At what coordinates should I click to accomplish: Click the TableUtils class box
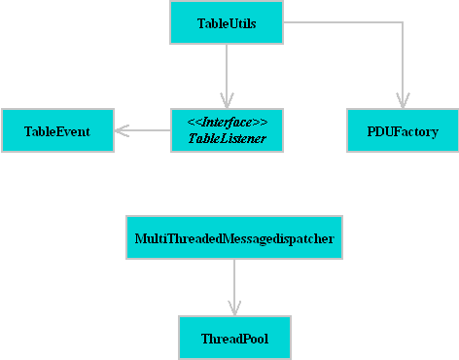pos(227,22)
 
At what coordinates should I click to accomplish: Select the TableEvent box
pos(56,130)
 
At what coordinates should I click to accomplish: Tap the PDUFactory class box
pos(402,130)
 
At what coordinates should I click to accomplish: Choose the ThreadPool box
pos(234,339)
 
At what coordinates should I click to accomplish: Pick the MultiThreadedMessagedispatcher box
pos(234,237)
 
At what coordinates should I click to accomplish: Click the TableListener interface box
pos(227,130)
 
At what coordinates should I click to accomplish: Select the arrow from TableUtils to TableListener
pos(227,73)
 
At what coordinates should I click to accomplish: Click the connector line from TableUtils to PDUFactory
pos(340,22)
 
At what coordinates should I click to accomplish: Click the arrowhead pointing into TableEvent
pos(121,130)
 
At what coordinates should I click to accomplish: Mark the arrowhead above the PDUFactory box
pos(402,100)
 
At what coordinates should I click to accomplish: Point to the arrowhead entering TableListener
pos(227,100)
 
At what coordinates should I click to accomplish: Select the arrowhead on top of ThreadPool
pos(234,307)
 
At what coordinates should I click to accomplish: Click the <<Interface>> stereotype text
pos(227,122)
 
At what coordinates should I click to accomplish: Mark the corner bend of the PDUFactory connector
pos(402,22)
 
